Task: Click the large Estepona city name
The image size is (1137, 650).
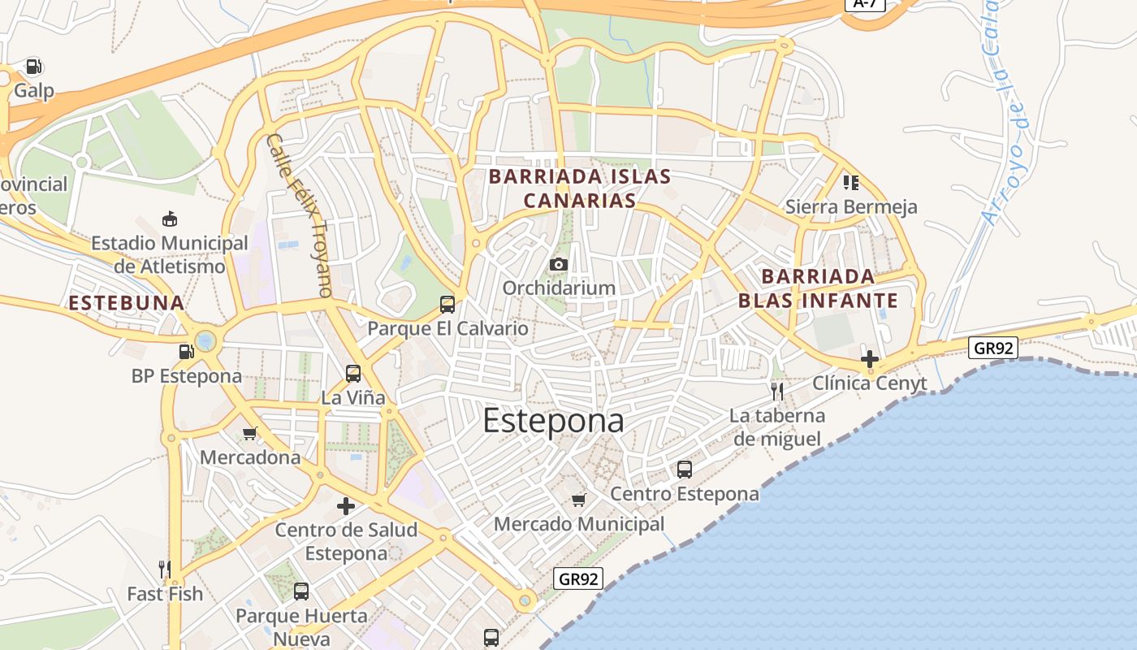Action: click(x=553, y=421)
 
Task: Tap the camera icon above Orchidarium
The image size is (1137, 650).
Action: click(x=558, y=264)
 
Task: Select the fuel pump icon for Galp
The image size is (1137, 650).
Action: click(x=33, y=66)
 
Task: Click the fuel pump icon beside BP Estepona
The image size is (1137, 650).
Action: click(x=186, y=352)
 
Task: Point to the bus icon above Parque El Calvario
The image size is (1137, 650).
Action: click(x=447, y=305)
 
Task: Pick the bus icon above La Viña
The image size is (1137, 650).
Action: click(x=352, y=374)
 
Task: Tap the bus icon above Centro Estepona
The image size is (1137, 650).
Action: click(x=684, y=470)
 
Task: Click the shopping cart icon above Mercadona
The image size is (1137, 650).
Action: click(x=249, y=433)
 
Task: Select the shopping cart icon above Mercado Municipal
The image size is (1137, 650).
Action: click(x=578, y=500)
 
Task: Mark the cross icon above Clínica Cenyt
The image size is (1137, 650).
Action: click(x=870, y=358)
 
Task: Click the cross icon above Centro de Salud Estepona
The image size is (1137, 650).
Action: click(x=346, y=506)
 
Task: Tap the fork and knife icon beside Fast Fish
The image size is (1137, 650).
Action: click(x=165, y=569)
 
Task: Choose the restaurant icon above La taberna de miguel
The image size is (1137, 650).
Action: click(x=777, y=392)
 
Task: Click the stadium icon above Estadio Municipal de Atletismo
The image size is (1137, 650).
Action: click(x=169, y=219)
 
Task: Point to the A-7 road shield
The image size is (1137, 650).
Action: click(x=865, y=3)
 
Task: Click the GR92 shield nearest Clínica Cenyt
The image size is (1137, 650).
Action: click(x=993, y=348)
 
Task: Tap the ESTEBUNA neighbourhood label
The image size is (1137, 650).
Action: click(x=127, y=303)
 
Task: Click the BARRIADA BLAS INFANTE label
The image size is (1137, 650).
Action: click(x=818, y=288)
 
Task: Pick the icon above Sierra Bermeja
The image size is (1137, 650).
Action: click(x=850, y=182)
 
